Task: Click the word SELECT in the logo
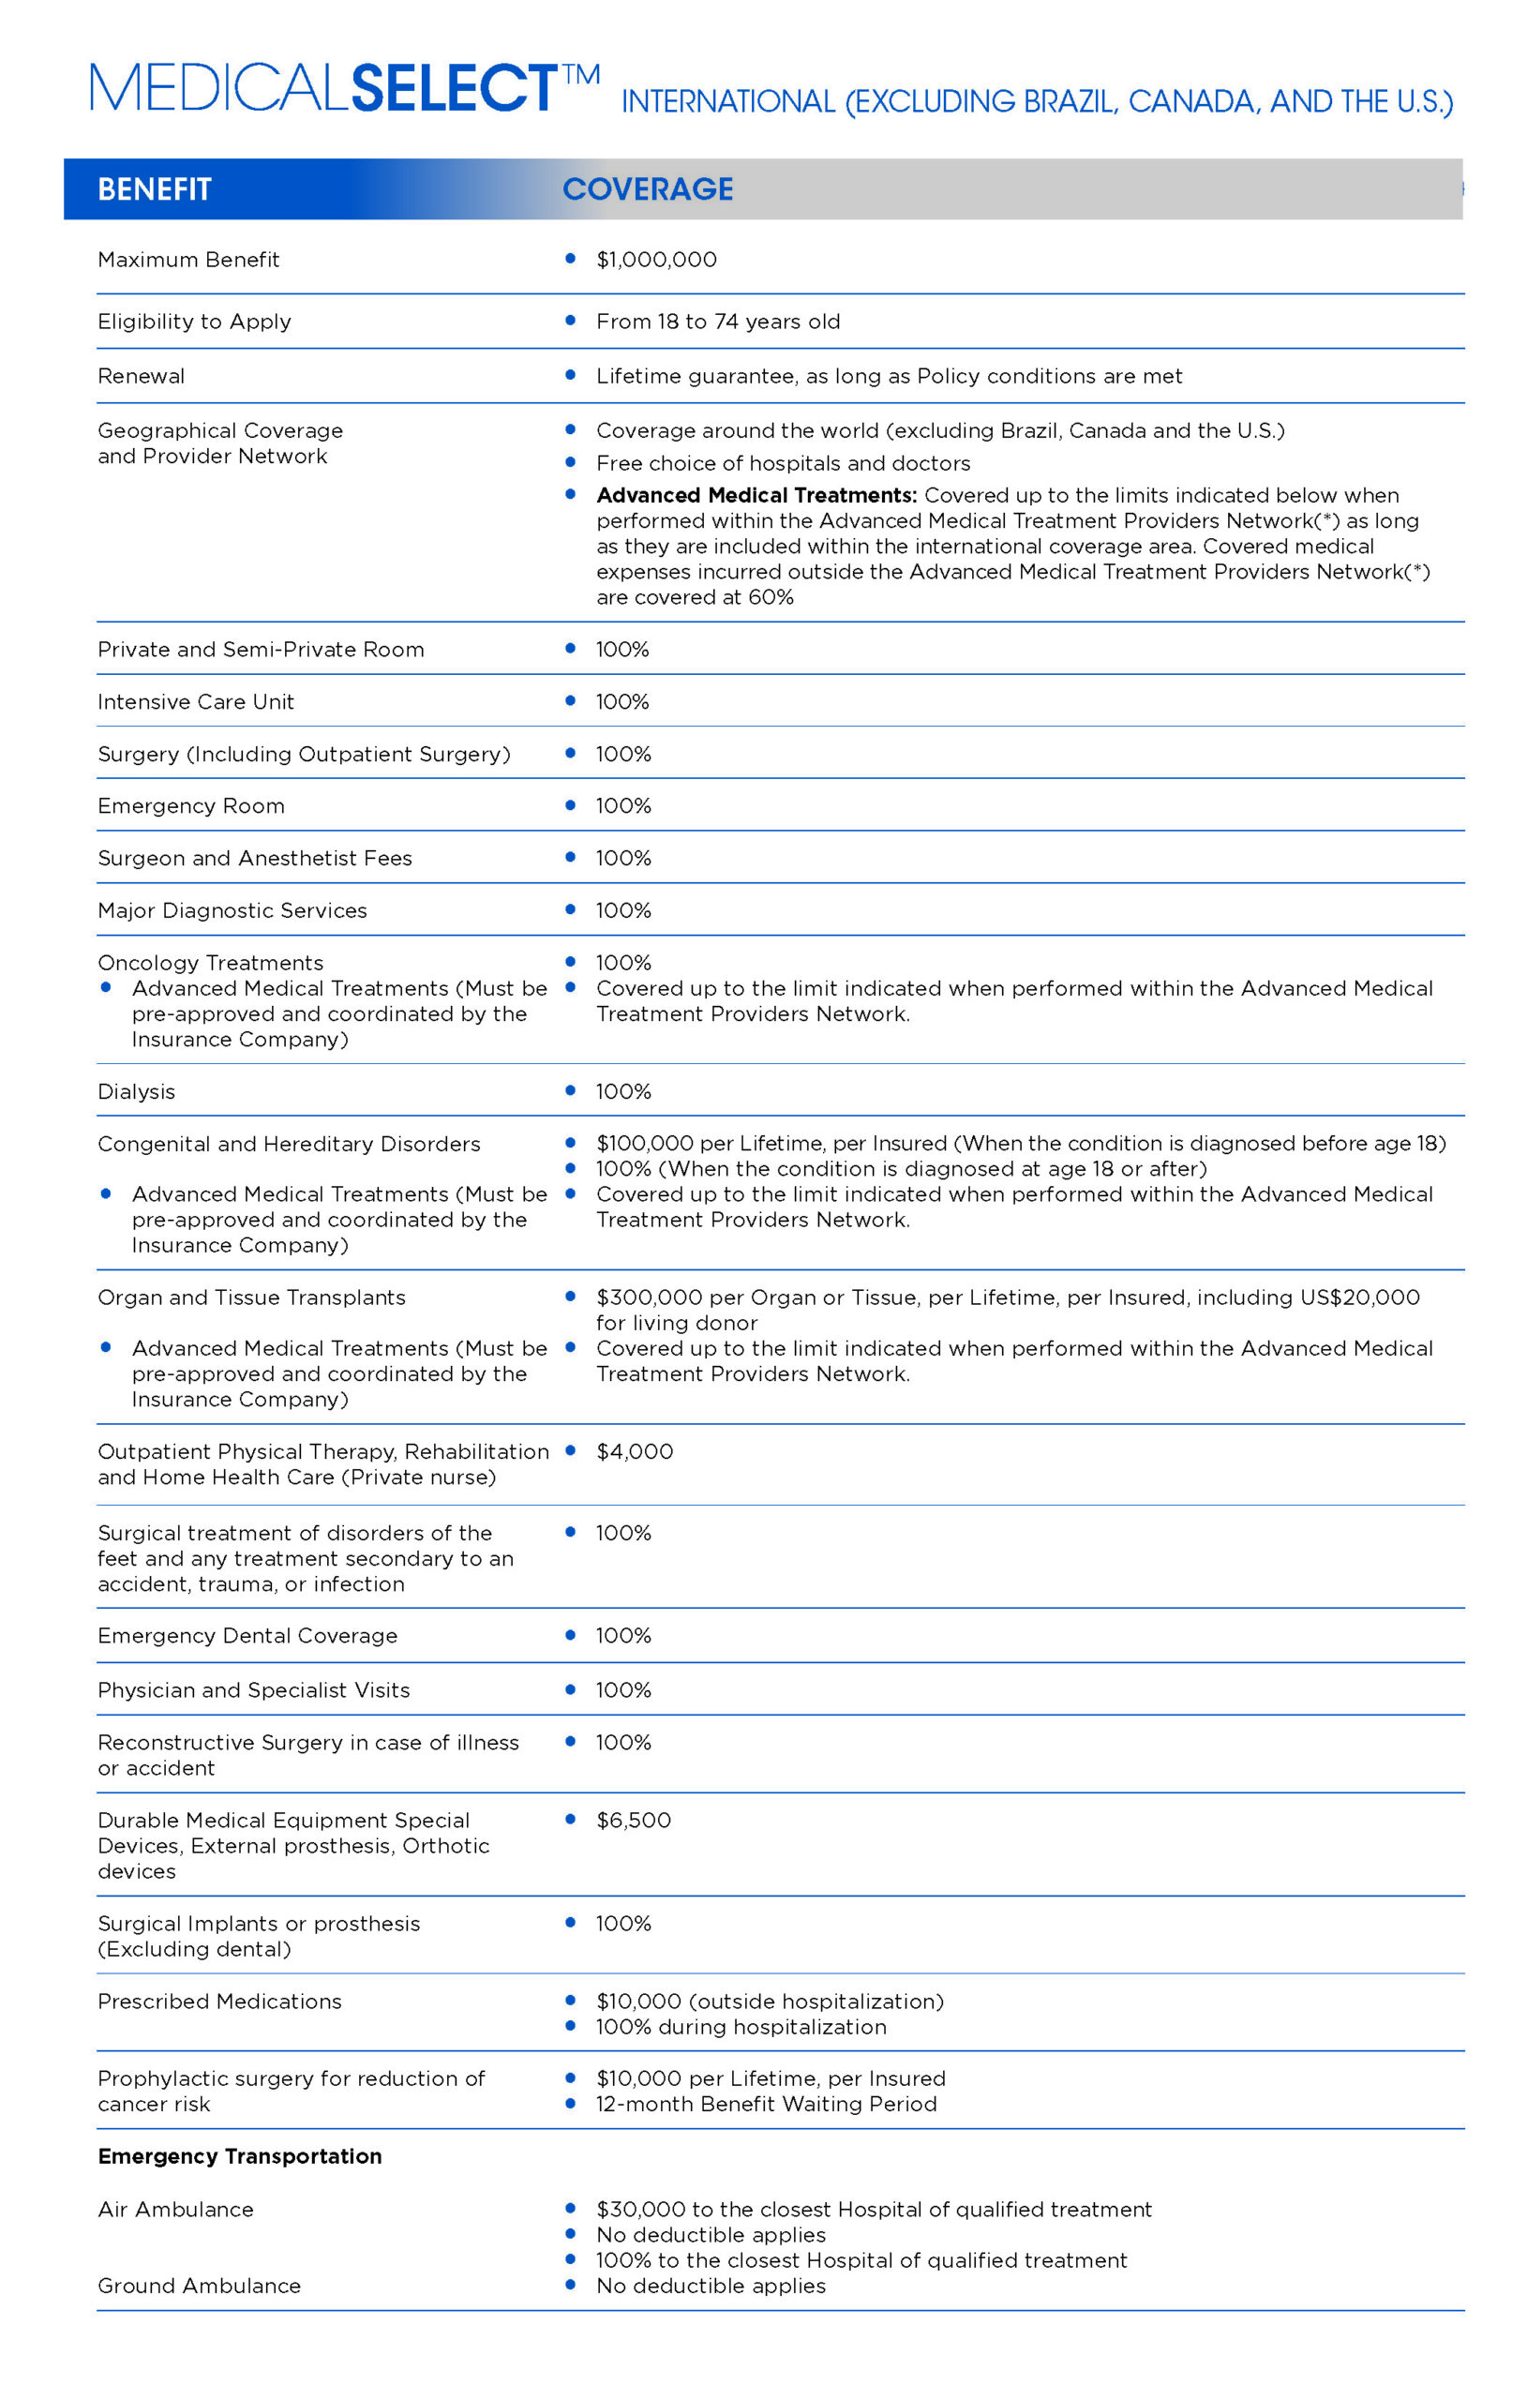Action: click(454, 88)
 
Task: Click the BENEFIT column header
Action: click(155, 188)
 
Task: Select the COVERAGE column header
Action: click(647, 188)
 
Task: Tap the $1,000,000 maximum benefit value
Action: click(656, 260)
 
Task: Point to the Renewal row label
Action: click(142, 376)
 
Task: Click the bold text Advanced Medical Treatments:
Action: click(756, 495)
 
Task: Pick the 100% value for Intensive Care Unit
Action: click(622, 701)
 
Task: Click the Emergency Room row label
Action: click(191, 805)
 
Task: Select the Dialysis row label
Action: click(137, 1091)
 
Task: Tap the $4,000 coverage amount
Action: click(634, 1451)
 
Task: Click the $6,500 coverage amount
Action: click(633, 1820)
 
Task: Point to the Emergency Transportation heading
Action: click(239, 2156)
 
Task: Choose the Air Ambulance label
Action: click(175, 2210)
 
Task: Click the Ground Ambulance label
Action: click(200, 2286)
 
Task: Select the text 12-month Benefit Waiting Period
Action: click(766, 2104)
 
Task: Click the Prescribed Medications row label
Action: click(219, 2002)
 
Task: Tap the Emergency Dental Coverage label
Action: click(247, 1636)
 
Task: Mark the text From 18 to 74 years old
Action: click(718, 321)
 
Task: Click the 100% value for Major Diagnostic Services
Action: click(623, 910)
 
